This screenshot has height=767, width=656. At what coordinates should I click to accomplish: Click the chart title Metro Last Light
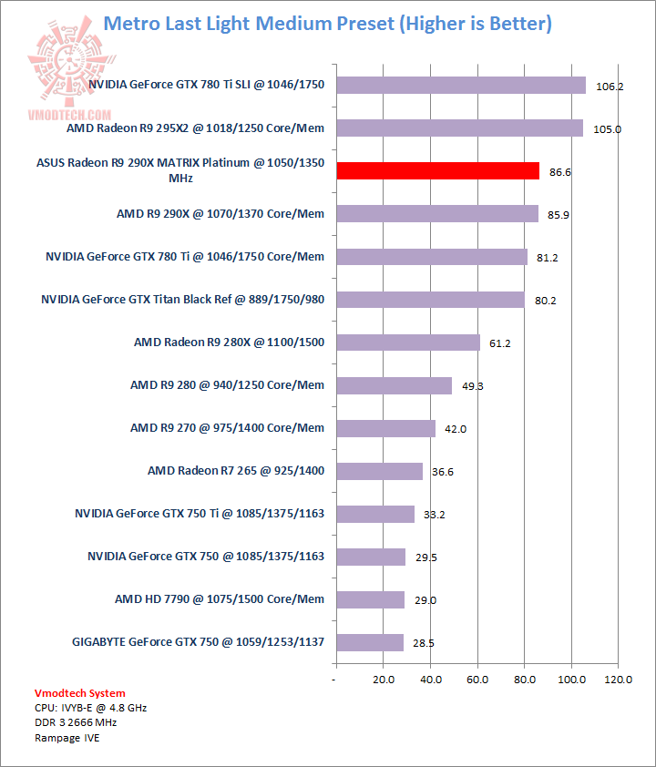327,23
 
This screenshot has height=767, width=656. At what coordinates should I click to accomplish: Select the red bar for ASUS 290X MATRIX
437,170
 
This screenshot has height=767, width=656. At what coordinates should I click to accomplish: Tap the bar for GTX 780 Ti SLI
461,85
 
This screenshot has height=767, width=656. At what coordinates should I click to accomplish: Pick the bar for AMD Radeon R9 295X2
459,128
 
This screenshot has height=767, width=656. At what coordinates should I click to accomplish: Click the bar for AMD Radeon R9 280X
407,343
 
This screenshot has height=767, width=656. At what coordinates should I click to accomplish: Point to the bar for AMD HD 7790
370,599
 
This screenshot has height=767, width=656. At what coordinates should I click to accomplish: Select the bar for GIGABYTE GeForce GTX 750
369,642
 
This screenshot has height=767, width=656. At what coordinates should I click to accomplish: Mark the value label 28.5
424,643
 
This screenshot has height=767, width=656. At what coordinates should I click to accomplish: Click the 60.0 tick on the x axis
477,680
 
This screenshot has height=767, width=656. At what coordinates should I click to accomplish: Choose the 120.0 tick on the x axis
619,680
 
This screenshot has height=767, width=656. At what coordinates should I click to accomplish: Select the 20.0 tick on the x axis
383,680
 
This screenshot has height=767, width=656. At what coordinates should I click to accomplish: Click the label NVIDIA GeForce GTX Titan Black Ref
182,299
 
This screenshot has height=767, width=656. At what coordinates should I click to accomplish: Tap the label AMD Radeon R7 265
236,471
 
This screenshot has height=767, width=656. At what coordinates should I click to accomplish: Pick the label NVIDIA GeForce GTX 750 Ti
200,514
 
